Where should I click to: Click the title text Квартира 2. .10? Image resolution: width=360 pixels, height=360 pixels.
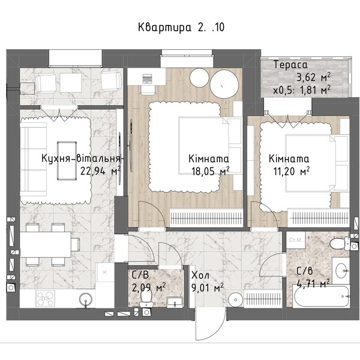(181, 28)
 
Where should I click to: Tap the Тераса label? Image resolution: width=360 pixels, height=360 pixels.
(290, 65)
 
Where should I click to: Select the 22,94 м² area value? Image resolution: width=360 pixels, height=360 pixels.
(100, 171)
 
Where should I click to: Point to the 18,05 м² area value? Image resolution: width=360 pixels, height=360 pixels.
(211, 171)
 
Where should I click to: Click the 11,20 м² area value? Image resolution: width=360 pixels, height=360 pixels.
(292, 171)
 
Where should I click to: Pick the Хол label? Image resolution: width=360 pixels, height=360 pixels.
(200, 275)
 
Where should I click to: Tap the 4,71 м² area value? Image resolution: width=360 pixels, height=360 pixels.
(313, 284)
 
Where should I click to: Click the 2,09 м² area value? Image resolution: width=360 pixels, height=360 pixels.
(149, 287)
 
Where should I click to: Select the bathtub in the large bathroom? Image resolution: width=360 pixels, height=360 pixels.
(321, 296)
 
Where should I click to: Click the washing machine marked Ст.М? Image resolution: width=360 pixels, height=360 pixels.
(296, 240)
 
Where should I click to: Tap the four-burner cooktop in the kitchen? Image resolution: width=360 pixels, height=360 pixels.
(45, 298)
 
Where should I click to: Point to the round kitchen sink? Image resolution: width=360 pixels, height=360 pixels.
(86, 299)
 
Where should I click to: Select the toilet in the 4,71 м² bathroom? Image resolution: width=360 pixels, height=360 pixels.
(340, 244)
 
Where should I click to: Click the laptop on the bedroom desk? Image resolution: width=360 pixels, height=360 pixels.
(147, 78)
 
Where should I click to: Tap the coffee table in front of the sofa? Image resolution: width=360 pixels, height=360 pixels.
(67, 161)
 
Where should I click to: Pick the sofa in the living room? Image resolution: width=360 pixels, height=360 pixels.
(34, 160)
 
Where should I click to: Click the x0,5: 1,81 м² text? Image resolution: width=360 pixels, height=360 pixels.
(302, 90)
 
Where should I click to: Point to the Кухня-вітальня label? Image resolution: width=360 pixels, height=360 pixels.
(81, 158)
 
